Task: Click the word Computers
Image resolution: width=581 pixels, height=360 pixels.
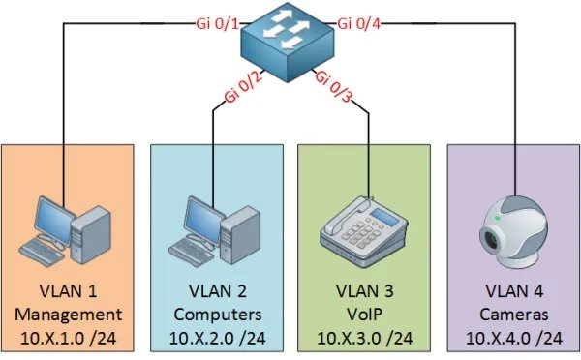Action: (x=217, y=315)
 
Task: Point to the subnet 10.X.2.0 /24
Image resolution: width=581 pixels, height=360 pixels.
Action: (x=217, y=338)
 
